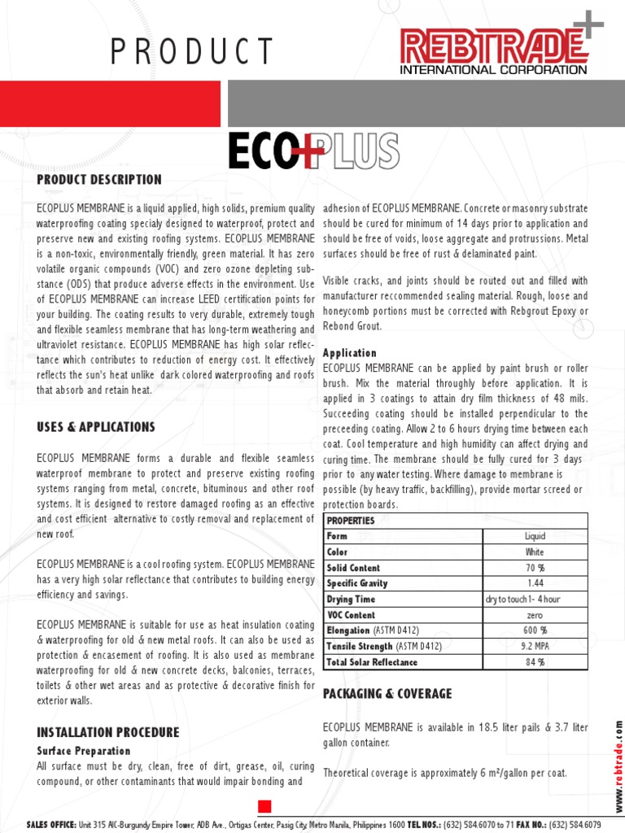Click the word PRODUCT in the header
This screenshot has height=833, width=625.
(192, 52)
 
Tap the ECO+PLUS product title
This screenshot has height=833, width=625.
(313, 151)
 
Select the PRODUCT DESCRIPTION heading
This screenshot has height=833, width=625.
(99, 180)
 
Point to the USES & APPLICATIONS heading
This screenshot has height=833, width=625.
(95, 427)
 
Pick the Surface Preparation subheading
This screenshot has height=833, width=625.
(83, 750)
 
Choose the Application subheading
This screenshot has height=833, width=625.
(350, 353)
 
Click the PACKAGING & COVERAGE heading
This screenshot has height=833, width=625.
(387, 694)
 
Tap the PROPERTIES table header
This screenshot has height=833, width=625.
(351, 521)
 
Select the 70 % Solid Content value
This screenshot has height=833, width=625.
(535, 568)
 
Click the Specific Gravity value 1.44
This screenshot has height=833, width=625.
(535, 583)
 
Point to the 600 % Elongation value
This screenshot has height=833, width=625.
(535, 630)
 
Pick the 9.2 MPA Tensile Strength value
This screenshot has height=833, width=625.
(535, 647)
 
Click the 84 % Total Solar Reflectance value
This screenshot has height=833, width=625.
(535, 662)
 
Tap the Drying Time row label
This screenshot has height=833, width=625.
(351, 600)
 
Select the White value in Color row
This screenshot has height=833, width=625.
(535, 552)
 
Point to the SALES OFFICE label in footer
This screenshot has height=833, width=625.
(51, 825)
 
